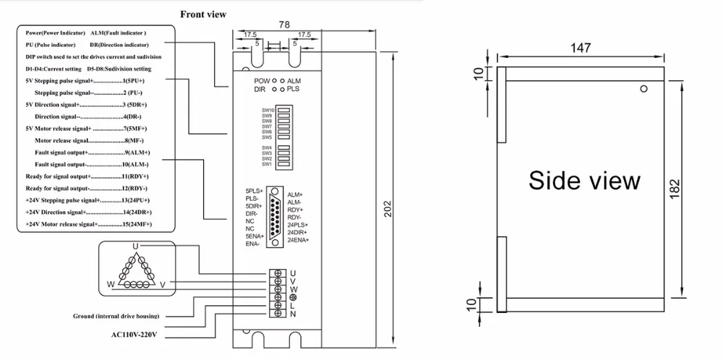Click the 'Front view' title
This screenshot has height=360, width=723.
[x=202, y=14]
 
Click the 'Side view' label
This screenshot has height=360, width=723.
[x=584, y=180]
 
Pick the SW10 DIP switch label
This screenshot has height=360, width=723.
[x=267, y=110]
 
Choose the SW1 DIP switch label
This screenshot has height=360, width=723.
[x=266, y=164]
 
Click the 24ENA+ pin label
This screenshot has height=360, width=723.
[x=298, y=239]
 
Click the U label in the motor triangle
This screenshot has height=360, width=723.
[x=134, y=247]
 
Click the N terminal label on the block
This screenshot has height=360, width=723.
[x=293, y=314]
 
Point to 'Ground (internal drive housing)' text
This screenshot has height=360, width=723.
[x=116, y=316]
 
